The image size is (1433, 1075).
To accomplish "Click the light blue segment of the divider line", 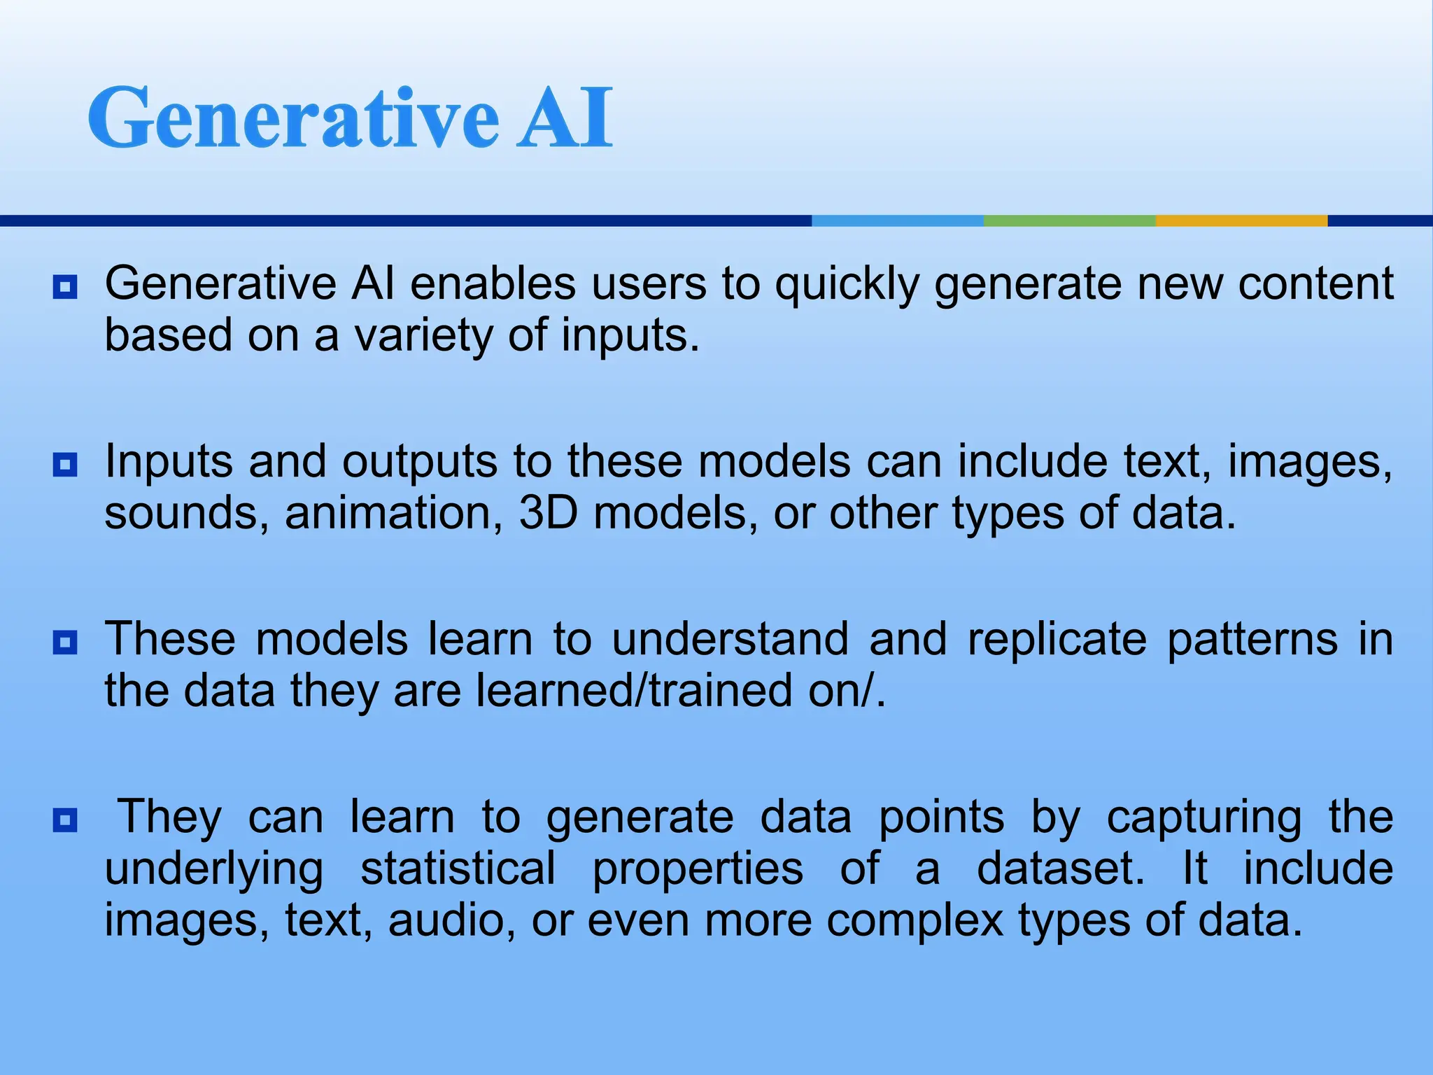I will tap(897, 220).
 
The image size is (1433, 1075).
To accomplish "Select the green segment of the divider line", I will tap(1069, 220).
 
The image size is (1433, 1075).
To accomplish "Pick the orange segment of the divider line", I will tap(1241, 220).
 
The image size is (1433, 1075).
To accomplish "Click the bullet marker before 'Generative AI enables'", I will tap(65, 287).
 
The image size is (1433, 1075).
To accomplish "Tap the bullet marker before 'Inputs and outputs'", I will tap(65, 465).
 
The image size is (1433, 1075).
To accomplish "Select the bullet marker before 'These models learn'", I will tap(65, 642).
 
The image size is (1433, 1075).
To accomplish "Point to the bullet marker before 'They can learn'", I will tap(65, 820).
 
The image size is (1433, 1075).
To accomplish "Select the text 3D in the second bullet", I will tap(548, 514).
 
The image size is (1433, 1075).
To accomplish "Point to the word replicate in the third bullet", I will tap(1057, 640).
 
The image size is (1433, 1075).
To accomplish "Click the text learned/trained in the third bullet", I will tap(634, 691).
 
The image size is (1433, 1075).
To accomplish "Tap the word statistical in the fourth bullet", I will tap(458, 869).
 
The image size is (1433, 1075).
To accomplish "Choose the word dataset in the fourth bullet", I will tap(1060, 869).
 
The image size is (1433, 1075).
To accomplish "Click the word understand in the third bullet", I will tap(730, 640).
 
